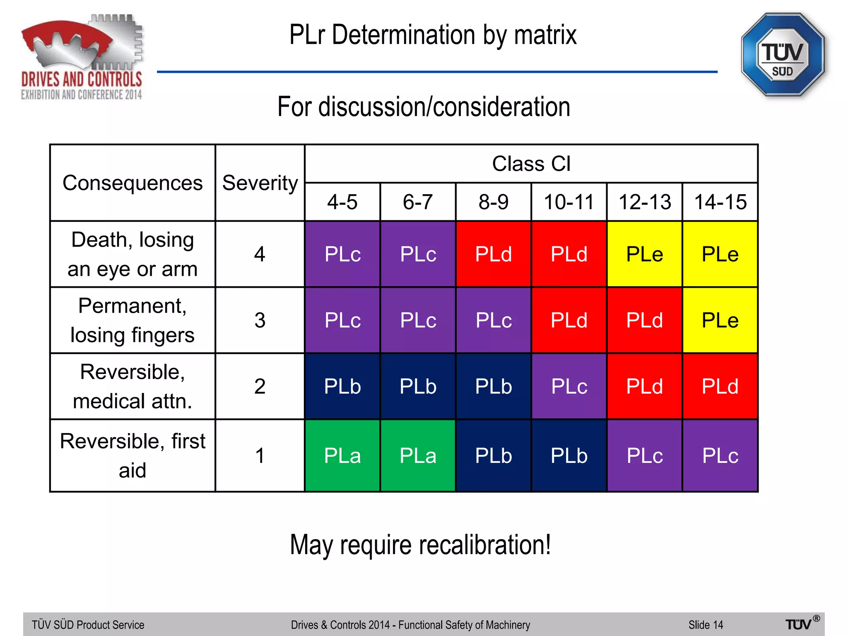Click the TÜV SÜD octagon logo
click(x=782, y=55)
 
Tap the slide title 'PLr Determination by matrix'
click(x=433, y=35)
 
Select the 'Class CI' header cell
click(x=531, y=164)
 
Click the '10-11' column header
click(x=569, y=202)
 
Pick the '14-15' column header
click(x=720, y=202)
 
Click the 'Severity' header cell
click(x=260, y=183)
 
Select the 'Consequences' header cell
click(x=132, y=183)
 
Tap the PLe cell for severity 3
click(x=720, y=320)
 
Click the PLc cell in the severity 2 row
click(x=569, y=386)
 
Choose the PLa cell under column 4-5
click(x=342, y=456)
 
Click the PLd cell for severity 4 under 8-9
click(x=494, y=254)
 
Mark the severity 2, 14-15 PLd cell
click(x=720, y=386)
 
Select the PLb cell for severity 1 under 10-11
click(x=569, y=456)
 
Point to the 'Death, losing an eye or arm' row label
click(x=132, y=254)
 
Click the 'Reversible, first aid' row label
click(x=132, y=456)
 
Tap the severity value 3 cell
click(x=260, y=320)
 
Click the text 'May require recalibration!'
click(x=420, y=545)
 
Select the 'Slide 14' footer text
click(x=706, y=624)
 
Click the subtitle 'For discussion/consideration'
click(x=424, y=107)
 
